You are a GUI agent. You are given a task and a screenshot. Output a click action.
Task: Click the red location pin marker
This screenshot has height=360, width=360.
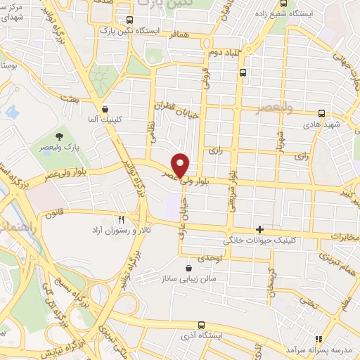point(181,165)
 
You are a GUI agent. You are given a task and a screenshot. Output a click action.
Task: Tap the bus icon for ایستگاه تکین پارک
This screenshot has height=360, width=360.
point(128,20)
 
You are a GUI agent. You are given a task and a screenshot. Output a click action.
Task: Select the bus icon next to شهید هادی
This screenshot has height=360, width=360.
point(321,112)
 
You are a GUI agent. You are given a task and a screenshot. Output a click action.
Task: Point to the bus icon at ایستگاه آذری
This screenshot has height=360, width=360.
point(202,325)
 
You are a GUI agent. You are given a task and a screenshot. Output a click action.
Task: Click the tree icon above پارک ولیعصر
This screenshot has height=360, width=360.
point(58,136)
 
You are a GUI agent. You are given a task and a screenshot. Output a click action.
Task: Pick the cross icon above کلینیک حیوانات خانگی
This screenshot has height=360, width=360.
point(260,229)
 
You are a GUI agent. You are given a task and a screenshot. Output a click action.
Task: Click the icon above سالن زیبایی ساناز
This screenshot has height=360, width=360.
point(188,267)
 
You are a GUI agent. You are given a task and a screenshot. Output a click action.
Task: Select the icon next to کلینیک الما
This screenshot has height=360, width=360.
point(105,109)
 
